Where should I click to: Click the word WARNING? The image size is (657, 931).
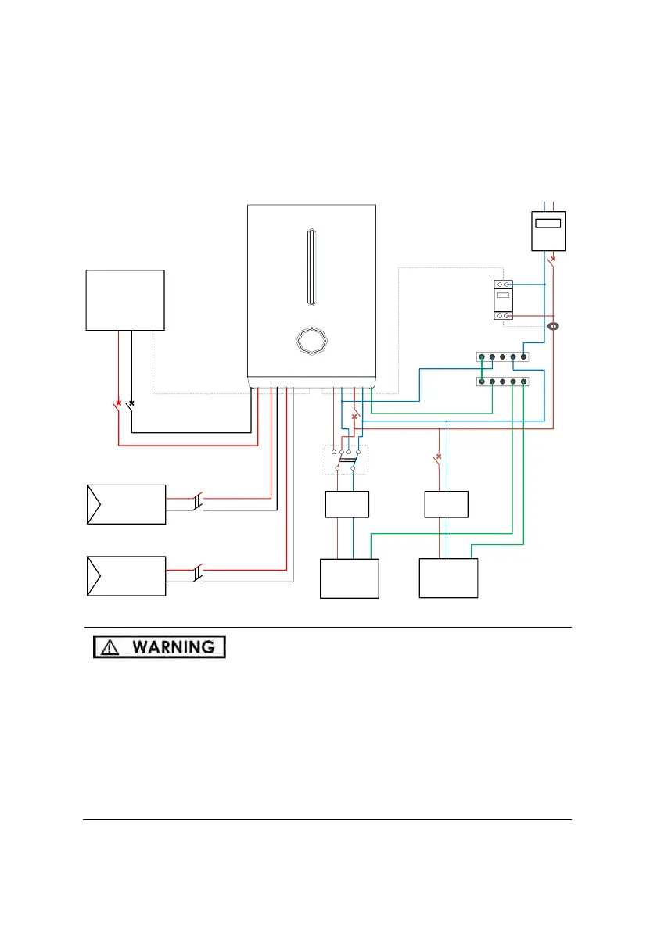click(173, 647)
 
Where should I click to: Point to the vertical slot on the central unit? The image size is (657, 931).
click(311, 267)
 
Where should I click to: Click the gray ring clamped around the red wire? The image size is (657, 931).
click(553, 326)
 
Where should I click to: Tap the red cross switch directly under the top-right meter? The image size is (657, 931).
click(554, 258)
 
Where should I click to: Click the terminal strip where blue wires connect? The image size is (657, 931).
click(501, 357)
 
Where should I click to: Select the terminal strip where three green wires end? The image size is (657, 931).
click(501, 381)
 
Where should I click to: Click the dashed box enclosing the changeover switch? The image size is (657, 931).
click(346, 460)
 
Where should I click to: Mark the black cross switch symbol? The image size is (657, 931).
click(131, 403)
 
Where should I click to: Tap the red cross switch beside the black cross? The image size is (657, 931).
click(118, 403)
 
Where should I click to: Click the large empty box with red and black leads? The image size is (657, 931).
click(125, 300)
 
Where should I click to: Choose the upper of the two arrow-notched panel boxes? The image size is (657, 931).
click(125, 504)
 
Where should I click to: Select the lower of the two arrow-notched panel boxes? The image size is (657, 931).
click(125, 576)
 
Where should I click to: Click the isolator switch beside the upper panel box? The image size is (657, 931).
click(199, 500)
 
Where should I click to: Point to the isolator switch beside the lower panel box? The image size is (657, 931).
click(199, 572)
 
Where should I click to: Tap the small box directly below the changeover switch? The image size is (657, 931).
click(346, 504)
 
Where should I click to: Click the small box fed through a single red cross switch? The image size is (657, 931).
click(446, 504)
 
